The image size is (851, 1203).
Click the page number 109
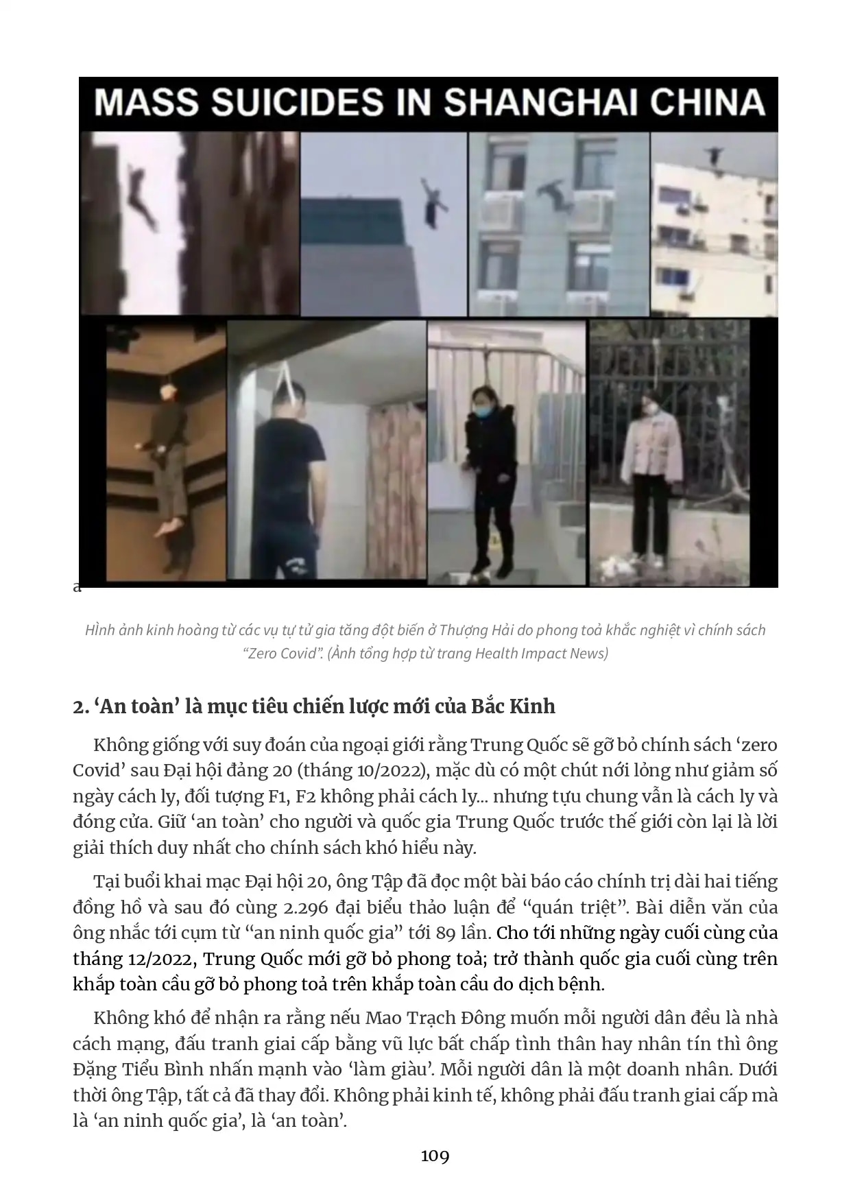click(x=435, y=1156)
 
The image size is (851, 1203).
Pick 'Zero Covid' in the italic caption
click(x=283, y=653)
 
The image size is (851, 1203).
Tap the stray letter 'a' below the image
click(x=77, y=588)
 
